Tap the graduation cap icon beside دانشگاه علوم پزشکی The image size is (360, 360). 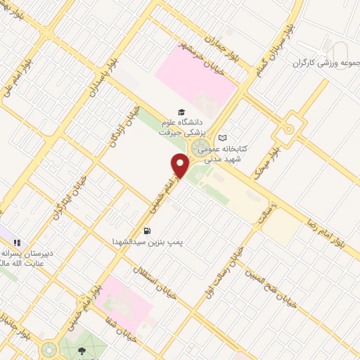[x=181, y=112]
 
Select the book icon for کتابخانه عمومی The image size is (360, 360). [x=223, y=138]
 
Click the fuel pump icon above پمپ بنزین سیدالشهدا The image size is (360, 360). [x=147, y=230]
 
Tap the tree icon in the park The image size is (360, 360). [x=84, y=349]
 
